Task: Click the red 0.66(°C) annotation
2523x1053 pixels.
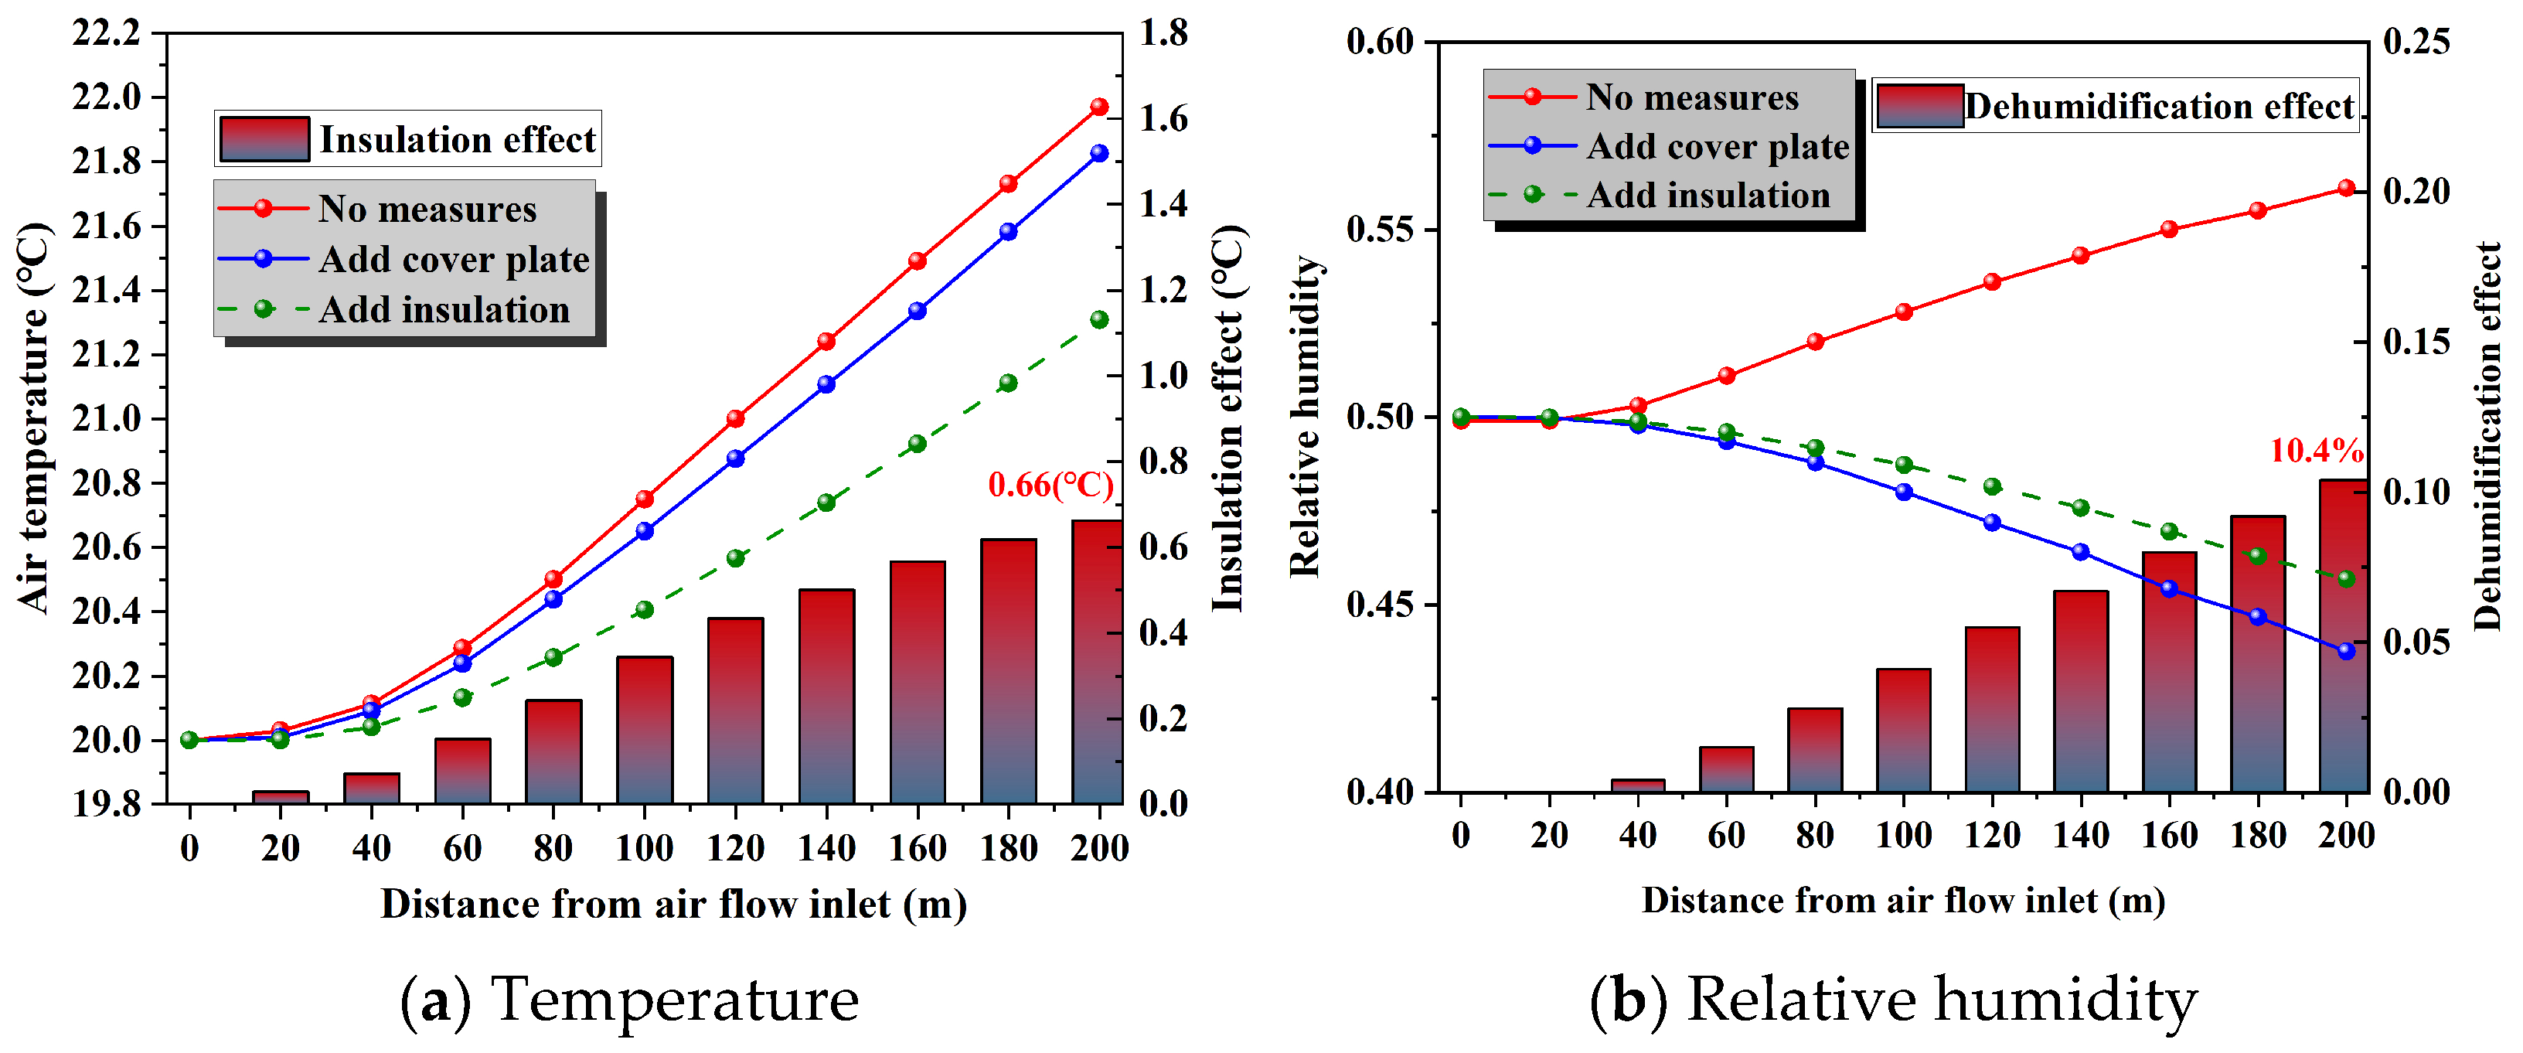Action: click(x=1050, y=485)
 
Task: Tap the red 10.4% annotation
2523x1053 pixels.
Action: click(x=2315, y=451)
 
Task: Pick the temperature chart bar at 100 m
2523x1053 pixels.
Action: click(x=645, y=730)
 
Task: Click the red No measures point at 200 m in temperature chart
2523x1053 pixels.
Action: click(x=1099, y=107)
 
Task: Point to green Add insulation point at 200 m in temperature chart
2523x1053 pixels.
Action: click(x=1099, y=320)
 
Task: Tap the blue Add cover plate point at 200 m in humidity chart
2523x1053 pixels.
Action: click(x=2346, y=650)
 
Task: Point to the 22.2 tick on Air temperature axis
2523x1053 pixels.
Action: click(x=106, y=33)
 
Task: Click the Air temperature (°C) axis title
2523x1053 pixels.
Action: click(x=34, y=419)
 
